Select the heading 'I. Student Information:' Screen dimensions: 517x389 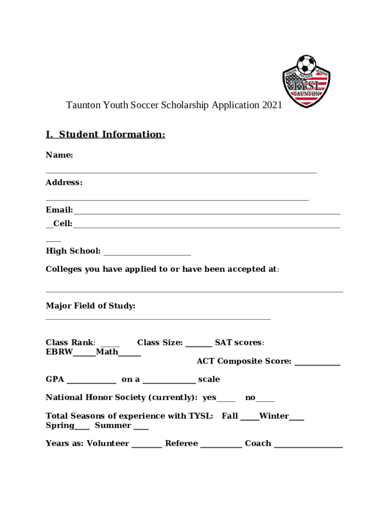click(x=105, y=134)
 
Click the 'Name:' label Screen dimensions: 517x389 click(x=60, y=155)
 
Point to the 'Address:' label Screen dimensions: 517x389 click(x=64, y=182)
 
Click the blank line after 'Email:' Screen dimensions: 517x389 click(x=207, y=213)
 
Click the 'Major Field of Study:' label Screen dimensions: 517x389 click(x=90, y=305)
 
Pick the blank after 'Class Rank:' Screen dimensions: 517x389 click(x=110, y=346)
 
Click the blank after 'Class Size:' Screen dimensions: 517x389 click(x=199, y=346)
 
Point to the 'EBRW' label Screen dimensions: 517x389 click(x=59, y=351)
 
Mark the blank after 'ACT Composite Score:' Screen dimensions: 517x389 click(x=317, y=364)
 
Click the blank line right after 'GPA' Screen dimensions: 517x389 click(x=91, y=382)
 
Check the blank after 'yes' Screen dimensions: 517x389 click(x=226, y=401)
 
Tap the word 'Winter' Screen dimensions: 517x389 click(x=274, y=416)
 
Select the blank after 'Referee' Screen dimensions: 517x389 click(x=221, y=446)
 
